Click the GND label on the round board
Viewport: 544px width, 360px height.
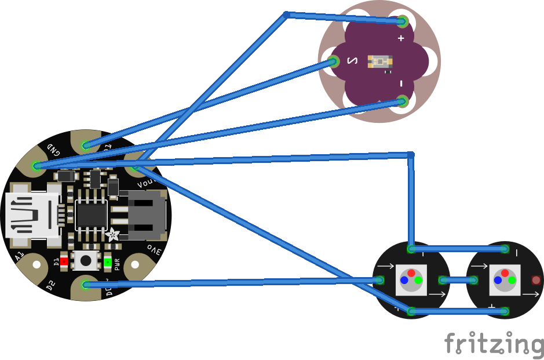(x=53, y=149)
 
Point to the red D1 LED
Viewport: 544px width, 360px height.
(x=64, y=261)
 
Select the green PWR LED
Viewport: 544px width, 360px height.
(x=108, y=262)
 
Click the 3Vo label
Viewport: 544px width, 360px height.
(x=154, y=250)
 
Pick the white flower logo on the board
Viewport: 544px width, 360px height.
(x=112, y=235)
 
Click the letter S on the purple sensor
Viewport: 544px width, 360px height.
(x=352, y=60)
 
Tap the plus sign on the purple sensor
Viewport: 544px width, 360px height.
(x=401, y=38)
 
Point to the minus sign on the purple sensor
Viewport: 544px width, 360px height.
(x=401, y=83)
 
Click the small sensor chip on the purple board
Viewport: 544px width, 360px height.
(x=379, y=61)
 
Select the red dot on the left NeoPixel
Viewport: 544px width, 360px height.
(x=411, y=273)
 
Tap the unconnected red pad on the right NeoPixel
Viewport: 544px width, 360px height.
(x=536, y=280)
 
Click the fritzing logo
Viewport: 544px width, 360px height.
(x=494, y=344)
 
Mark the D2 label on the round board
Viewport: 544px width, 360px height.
(x=52, y=286)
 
